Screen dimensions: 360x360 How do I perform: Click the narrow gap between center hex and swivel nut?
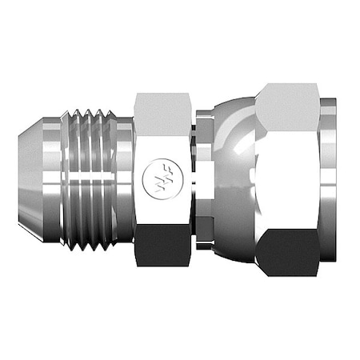[195, 179]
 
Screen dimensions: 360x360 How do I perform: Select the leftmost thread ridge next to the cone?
[76, 179]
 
